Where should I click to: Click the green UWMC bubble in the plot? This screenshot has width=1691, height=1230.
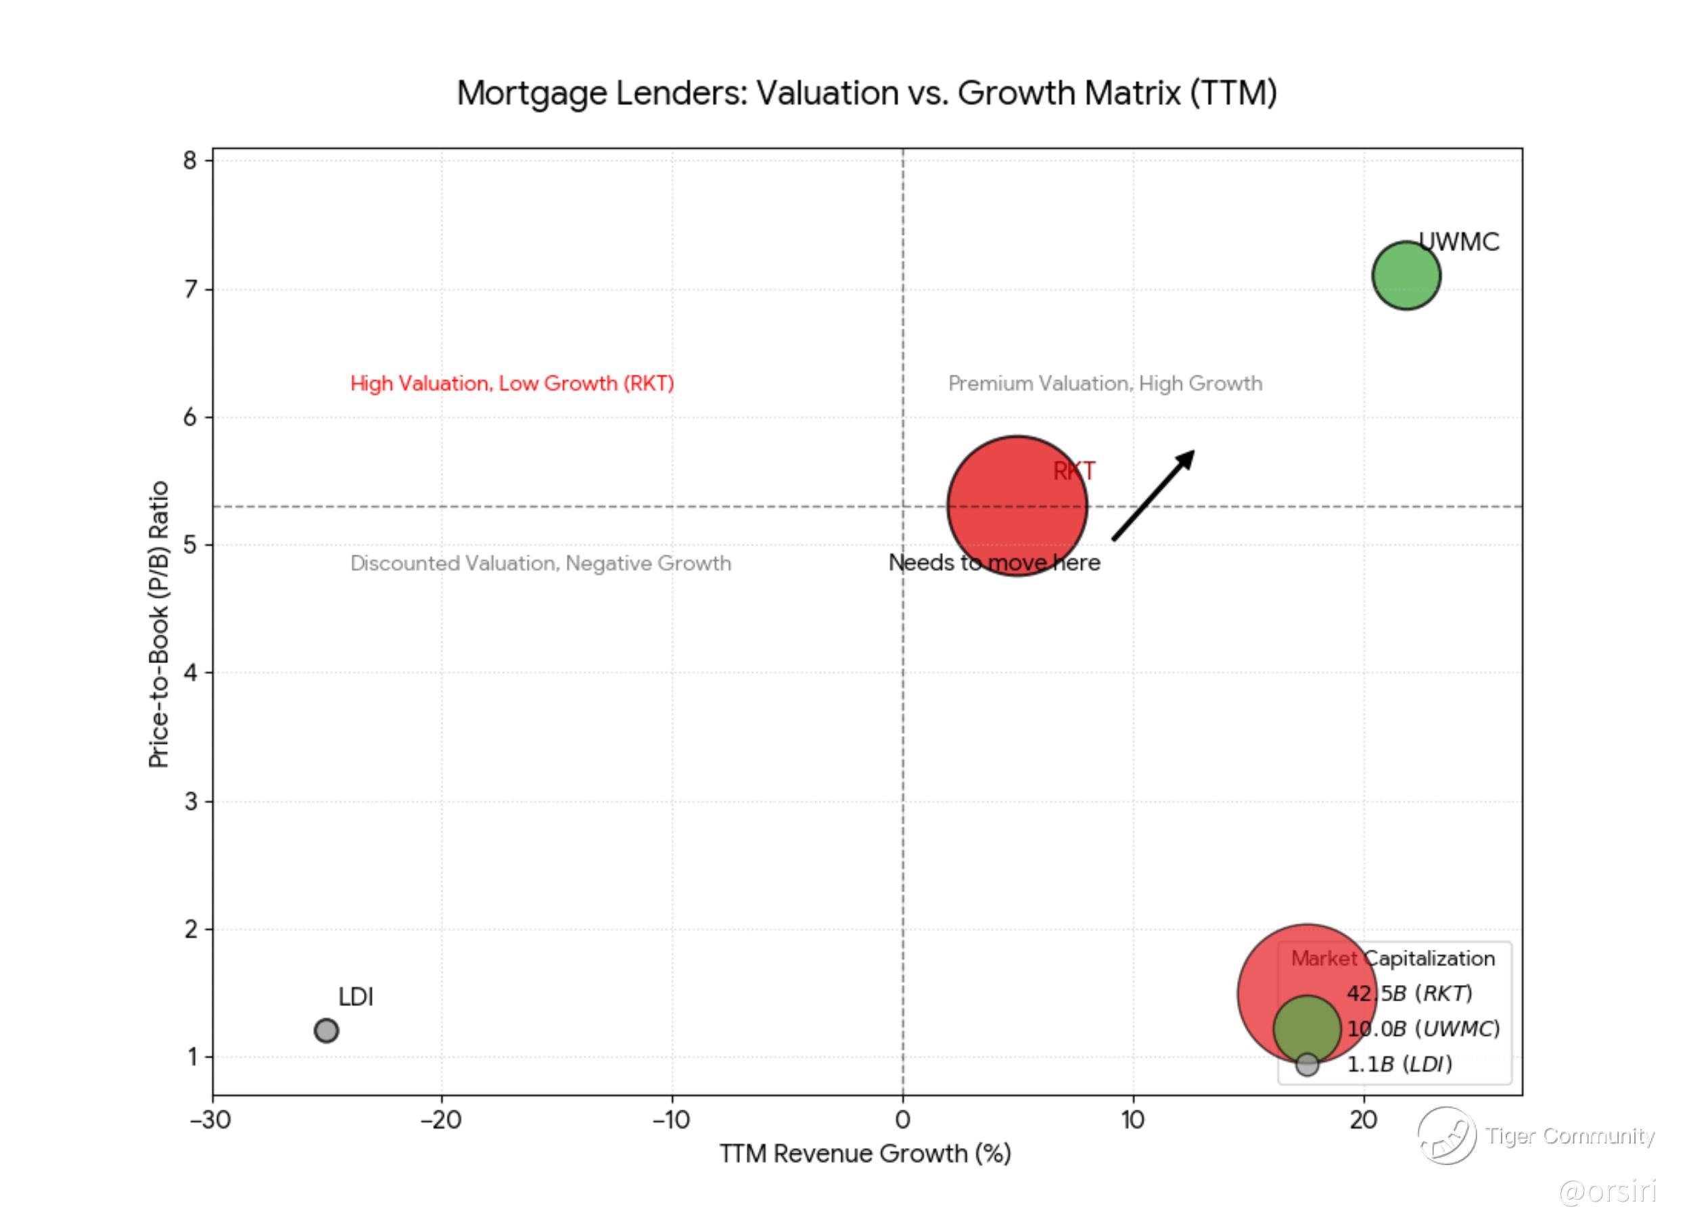(x=1406, y=275)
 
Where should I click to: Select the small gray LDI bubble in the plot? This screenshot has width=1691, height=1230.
(x=326, y=1030)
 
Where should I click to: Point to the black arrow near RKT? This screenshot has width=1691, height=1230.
(x=1153, y=495)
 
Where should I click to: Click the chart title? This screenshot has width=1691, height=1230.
(x=866, y=93)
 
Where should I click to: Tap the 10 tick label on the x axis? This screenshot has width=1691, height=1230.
(x=1132, y=1120)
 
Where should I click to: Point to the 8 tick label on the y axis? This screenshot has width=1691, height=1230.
(x=190, y=160)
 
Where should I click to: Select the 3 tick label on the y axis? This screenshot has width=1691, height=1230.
(x=190, y=801)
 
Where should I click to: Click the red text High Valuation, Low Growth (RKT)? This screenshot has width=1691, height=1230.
(x=512, y=384)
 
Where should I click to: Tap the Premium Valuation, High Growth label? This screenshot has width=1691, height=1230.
(x=1105, y=384)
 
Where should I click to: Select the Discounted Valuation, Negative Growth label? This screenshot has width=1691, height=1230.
(x=540, y=563)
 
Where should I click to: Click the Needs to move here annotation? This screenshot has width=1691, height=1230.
(x=994, y=562)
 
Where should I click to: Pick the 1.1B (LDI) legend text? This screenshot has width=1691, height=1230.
(x=1399, y=1064)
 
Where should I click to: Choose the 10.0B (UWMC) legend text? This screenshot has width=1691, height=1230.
(x=1422, y=1028)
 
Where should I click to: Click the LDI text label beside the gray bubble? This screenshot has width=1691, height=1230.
(x=356, y=997)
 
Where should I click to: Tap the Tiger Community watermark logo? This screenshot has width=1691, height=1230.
(x=1446, y=1135)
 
